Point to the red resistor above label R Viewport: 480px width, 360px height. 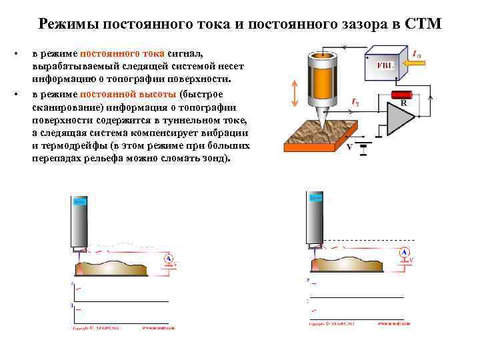(x=402, y=95)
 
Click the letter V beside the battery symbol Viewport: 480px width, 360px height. (x=349, y=147)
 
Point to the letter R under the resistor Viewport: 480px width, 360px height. (x=403, y=105)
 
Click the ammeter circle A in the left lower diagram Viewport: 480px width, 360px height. (x=169, y=259)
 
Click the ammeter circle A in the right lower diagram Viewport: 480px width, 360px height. (x=404, y=253)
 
